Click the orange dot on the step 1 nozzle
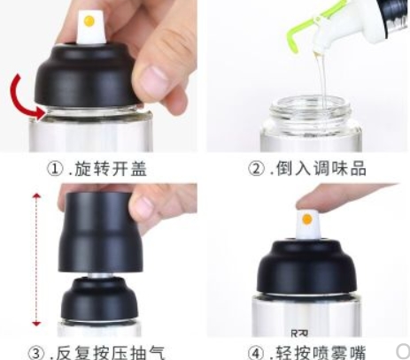tap(89, 21)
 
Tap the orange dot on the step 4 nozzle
tap(307, 219)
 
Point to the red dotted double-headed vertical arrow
tap(36, 260)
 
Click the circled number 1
tap(56, 169)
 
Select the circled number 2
tap(256, 169)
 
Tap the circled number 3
tap(36, 352)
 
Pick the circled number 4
tap(256, 352)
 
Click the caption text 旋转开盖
tap(111, 169)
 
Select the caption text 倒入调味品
tap(321, 169)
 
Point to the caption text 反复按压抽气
tap(111, 352)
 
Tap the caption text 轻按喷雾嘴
tap(321, 352)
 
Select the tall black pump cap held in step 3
tap(100, 232)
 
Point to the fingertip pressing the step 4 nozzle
tap(307, 203)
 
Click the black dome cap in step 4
tap(308, 267)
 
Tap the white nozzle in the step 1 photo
tap(90, 27)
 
